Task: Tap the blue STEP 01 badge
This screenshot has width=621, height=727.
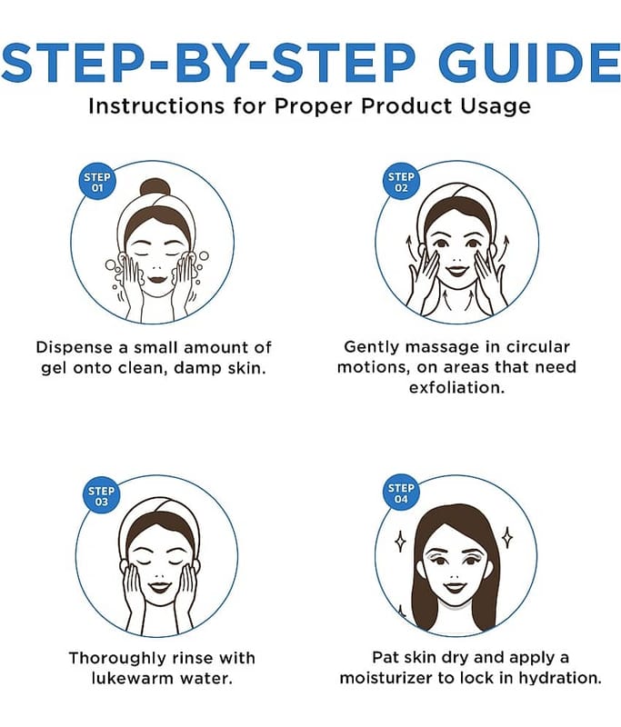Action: pos(97,182)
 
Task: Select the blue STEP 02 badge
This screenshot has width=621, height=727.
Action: pos(401,182)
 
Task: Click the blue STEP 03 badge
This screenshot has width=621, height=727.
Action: pos(101,496)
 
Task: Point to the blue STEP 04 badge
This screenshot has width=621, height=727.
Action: pos(401,493)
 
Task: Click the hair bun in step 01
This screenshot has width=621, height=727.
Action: pos(155,189)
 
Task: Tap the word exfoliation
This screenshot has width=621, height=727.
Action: pos(456,388)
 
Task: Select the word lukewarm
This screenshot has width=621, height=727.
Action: pos(132,678)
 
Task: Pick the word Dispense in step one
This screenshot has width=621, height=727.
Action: pos(75,348)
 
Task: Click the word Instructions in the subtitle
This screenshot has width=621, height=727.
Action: pos(156,106)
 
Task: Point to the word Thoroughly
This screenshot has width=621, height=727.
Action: pos(118,658)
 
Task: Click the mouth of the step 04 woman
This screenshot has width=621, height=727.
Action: pos(455,588)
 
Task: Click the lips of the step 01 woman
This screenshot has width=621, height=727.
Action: pos(157,280)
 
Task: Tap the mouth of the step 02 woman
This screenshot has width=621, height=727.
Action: pos(456,270)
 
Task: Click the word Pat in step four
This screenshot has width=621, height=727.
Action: pos(386,657)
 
